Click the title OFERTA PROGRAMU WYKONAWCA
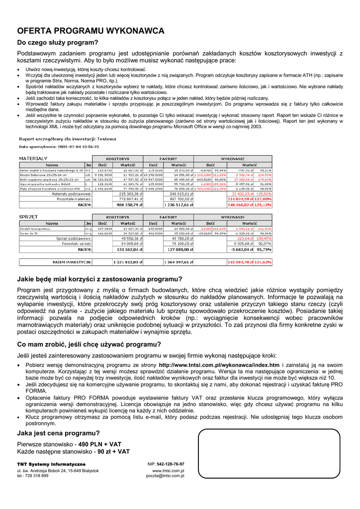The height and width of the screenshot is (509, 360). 90,31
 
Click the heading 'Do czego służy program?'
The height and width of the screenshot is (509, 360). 58,43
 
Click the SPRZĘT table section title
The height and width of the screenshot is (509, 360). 28,217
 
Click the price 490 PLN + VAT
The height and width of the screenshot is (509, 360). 100,444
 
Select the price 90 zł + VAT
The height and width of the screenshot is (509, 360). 113,452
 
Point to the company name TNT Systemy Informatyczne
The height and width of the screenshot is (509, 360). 51,464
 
